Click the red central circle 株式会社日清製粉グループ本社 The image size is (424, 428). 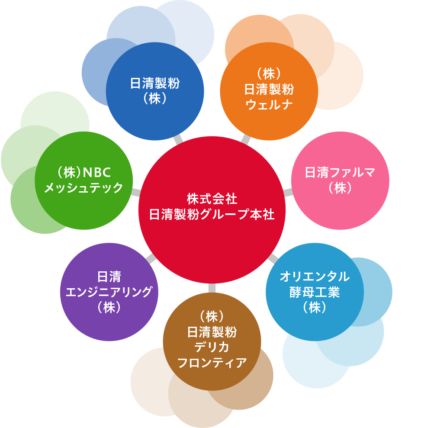click(x=212, y=210)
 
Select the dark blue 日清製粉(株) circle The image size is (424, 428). click(x=155, y=91)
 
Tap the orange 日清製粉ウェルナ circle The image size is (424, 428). click(x=269, y=91)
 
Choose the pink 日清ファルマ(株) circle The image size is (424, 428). click(x=340, y=180)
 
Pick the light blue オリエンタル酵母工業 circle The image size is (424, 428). click(x=315, y=292)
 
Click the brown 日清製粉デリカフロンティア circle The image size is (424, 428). click(x=212, y=341)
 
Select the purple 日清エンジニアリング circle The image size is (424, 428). click(x=109, y=292)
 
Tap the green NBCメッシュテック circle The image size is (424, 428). click(x=84, y=180)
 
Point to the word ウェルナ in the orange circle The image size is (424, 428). click(x=269, y=105)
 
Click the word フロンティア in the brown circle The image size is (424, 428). click(x=212, y=363)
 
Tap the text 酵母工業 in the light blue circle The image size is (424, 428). click(x=315, y=292)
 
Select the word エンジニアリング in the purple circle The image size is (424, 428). click(x=109, y=292)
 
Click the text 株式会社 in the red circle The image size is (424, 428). click(x=212, y=199)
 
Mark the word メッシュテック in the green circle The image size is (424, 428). click(x=84, y=188)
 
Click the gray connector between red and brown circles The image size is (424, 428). click(x=212, y=288)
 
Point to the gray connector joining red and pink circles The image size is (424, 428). click(x=288, y=192)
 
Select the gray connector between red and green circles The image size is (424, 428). click(x=135, y=192)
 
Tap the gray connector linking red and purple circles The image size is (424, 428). click(x=151, y=258)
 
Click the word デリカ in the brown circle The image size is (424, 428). click(x=212, y=348)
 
